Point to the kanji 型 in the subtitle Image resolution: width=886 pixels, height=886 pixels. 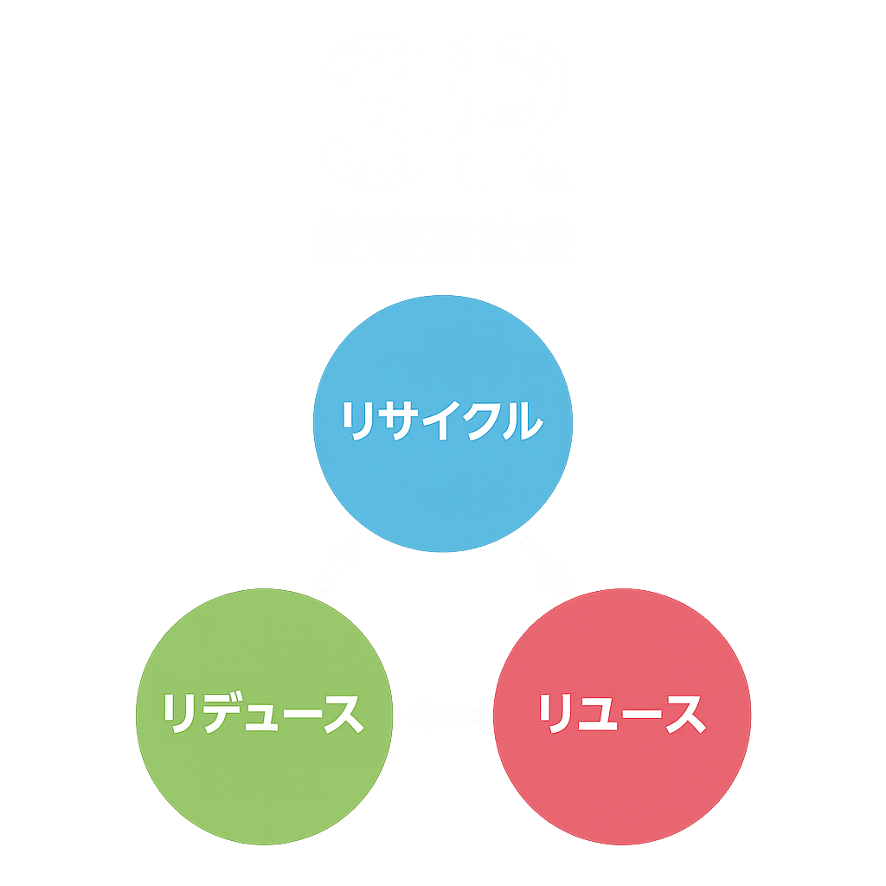(x=443, y=238)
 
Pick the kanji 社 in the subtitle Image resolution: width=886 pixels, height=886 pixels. (x=495, y=238)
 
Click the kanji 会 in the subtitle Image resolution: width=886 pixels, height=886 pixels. (x=547, y=238)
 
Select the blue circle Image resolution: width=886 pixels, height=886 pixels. (x=443, y=485)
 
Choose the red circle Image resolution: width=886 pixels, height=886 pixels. (x=621, y=779)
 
